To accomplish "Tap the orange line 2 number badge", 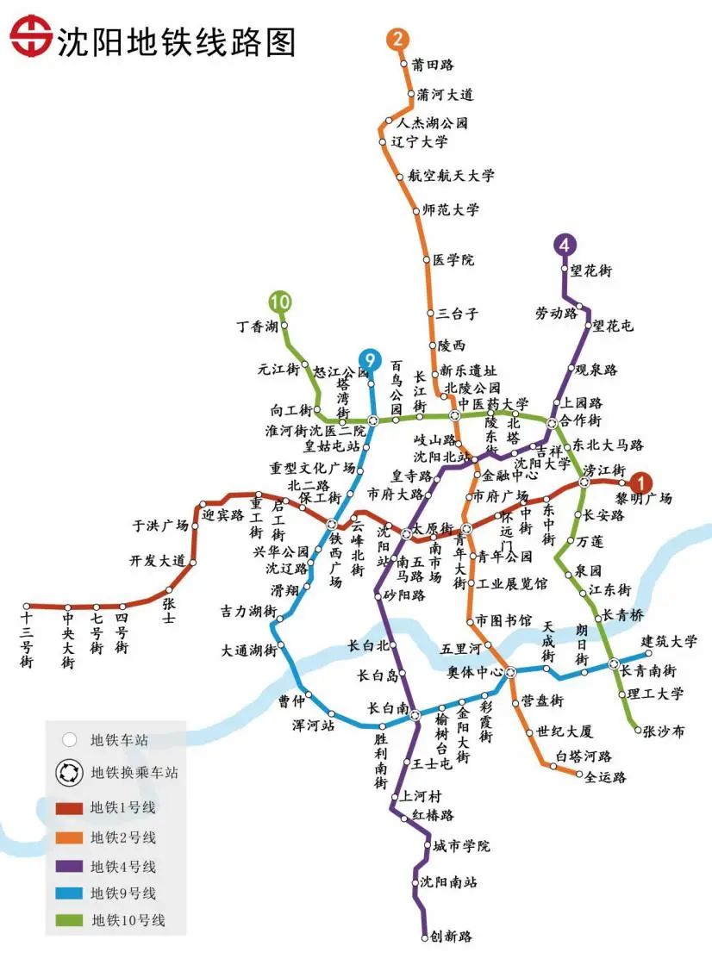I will tap(397, 39).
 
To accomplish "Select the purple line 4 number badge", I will tap(565, 244).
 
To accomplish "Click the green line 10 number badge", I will tap(279, 302).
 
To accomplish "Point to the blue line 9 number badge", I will tap(370, 359).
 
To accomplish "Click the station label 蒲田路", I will tap(433, 65).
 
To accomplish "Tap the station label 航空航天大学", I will tap(452, 176).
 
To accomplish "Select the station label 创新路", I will tap(452, 937).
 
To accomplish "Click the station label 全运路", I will tap(605, 777).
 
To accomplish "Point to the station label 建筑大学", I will tap(670, 641).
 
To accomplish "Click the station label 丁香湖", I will tap(257, 327).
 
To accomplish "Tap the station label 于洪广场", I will tap(159, 525).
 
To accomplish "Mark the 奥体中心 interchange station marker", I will tap(510, 671).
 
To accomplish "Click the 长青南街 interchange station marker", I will tap(614, 664).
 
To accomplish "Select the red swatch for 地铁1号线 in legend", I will tap(69, 808).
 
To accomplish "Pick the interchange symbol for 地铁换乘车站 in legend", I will tap(69, 772).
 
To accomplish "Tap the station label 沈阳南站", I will tap(448, 882).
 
